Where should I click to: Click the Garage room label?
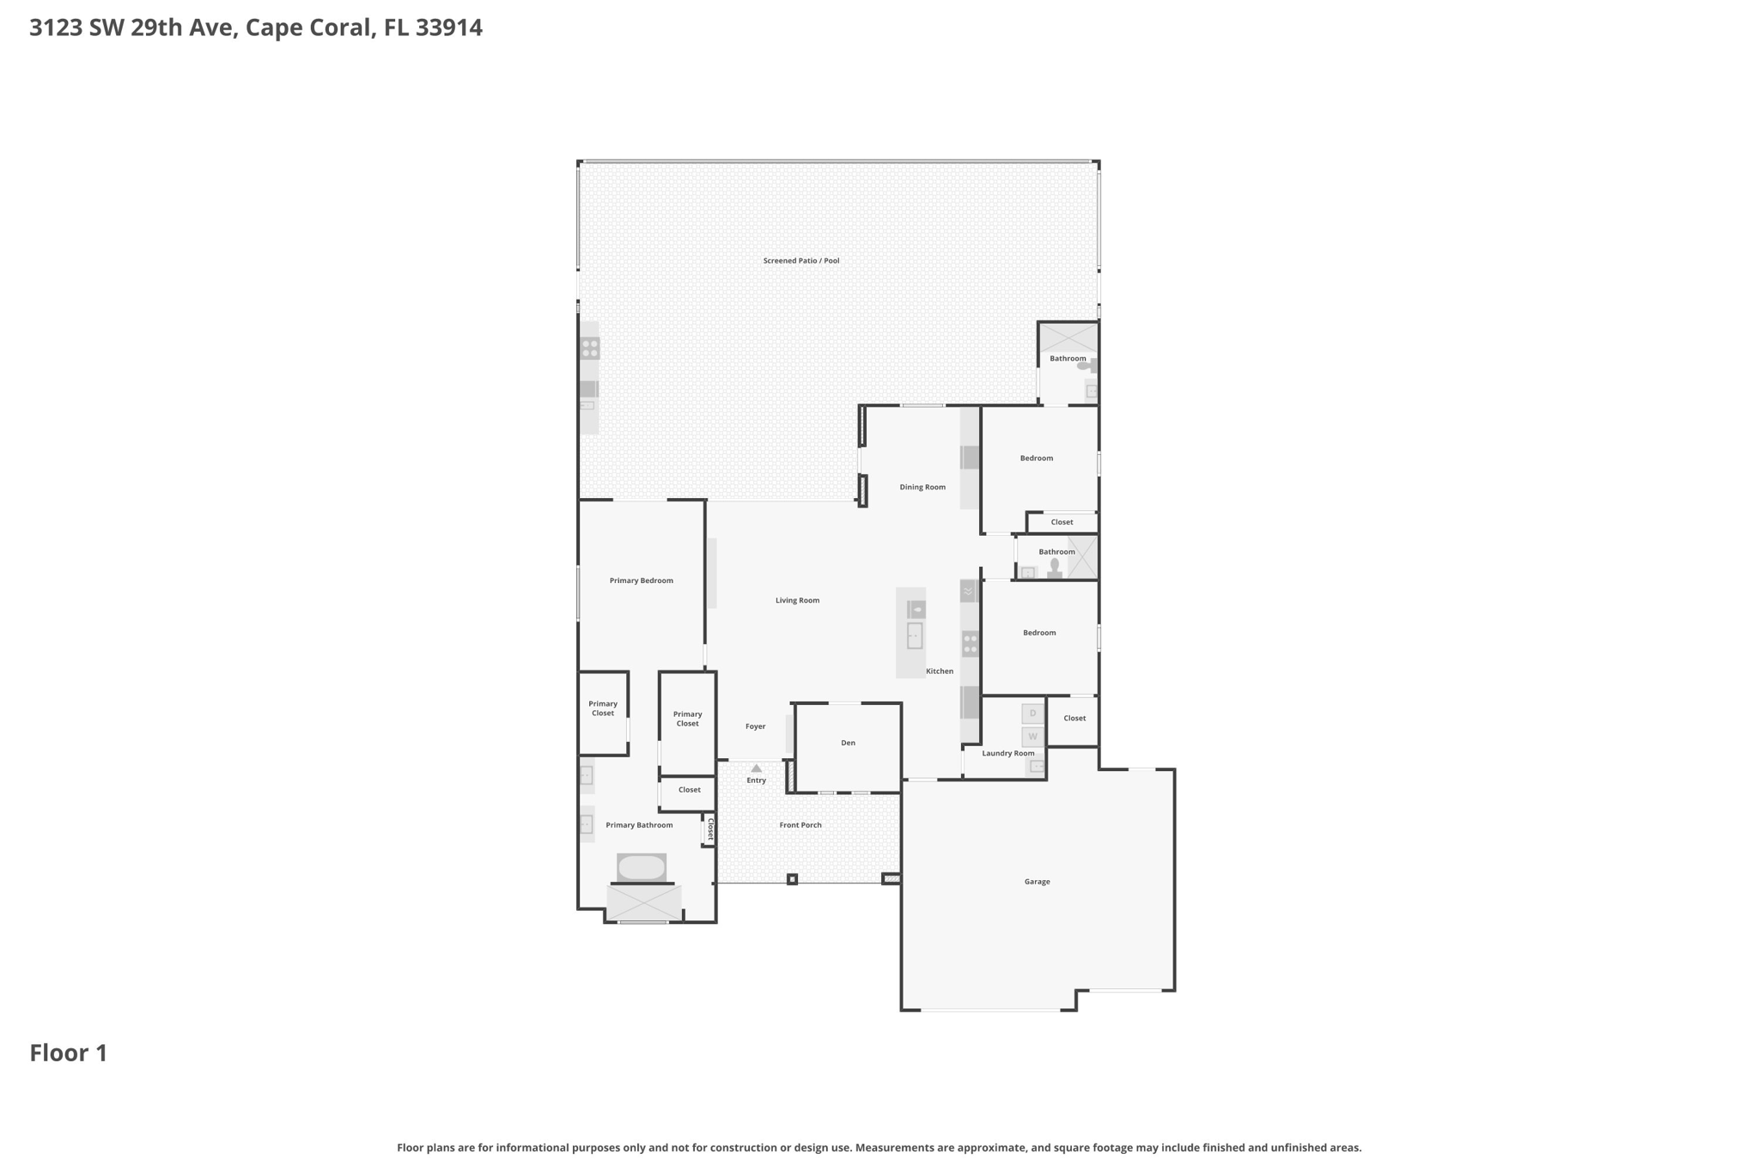(1037, 882)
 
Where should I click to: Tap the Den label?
(848, 743)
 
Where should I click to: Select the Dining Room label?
(922, 487)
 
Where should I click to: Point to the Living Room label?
(797, 600)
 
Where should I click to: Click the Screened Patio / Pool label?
(800, 260)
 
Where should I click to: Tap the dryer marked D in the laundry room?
(1032, 714)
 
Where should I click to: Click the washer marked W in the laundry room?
(1032, 737)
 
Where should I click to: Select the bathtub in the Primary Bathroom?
(642, 867)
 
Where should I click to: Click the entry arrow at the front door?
(756, 768)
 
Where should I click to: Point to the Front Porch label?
(800, 825)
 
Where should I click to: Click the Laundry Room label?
(1007, 753)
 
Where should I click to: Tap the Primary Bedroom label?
(641, 580)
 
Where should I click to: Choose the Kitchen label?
(940, 671)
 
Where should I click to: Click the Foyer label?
(755, 726)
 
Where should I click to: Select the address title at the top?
(256, 27)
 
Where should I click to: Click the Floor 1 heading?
(69, 1053)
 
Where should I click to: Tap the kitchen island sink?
(915, 635)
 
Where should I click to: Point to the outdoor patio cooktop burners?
(590, 349)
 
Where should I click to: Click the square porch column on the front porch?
(792, 879)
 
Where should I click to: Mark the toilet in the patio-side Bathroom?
(1086, 366)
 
